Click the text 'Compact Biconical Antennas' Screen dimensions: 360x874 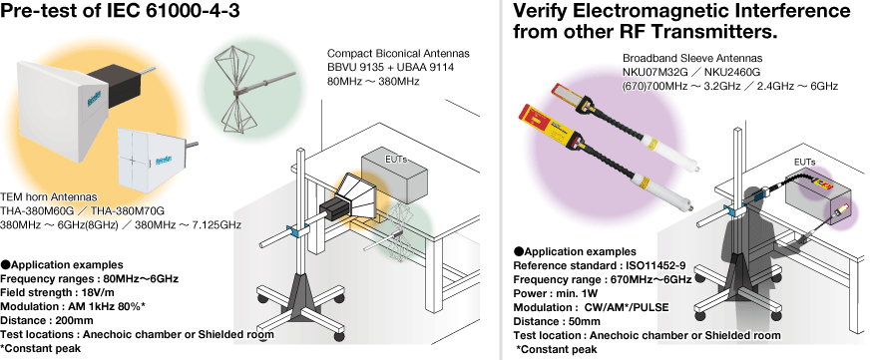pos(398,53)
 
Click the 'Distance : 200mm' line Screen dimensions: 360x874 pos(47,320)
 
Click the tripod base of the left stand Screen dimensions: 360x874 pos(300,300)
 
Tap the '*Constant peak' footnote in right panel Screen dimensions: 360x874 pos(556,350)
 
